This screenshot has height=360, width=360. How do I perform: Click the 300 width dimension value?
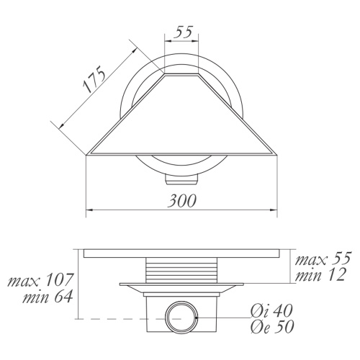pos(182,200)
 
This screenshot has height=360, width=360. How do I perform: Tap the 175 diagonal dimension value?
pos(94,79)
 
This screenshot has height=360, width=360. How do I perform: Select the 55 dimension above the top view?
pos(183,32)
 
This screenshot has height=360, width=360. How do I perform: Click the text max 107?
pos(40,280)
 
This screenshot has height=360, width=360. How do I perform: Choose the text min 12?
pos(320,274)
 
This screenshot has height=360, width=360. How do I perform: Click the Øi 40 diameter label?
pos(271,311)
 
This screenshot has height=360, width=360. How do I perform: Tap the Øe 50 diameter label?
pos(272,327)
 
